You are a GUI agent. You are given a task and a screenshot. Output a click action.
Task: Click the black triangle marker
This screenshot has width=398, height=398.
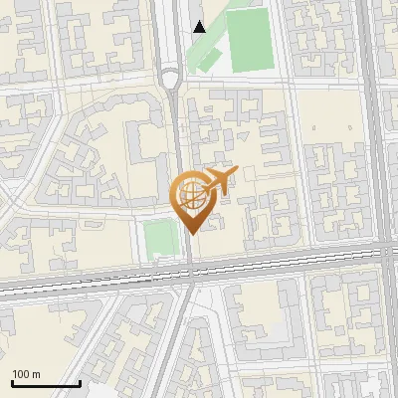click(x=200, y=27)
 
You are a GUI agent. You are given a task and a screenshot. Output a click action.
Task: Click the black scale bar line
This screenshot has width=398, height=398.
click(x=46, y=384)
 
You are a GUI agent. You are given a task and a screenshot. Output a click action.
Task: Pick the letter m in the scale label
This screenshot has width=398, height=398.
click(x=37, y=375)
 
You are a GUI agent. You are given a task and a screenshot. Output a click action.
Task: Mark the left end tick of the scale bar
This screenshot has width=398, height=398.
click(x=12, y=382)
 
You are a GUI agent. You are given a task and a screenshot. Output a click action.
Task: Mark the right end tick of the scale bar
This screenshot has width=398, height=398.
click(x=80, y=382)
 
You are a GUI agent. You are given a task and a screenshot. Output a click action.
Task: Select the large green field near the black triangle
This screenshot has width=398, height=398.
click(x=253, y=39)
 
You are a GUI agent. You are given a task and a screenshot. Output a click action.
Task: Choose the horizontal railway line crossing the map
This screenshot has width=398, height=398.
click(x=99, y=278)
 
